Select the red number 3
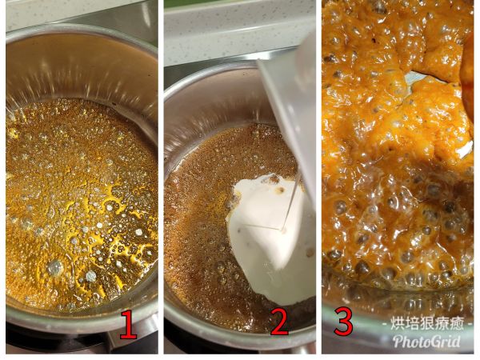(343, 321)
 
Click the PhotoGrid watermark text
(426, 342)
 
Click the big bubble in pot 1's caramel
(54, 268)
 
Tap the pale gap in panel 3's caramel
(416, 78)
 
